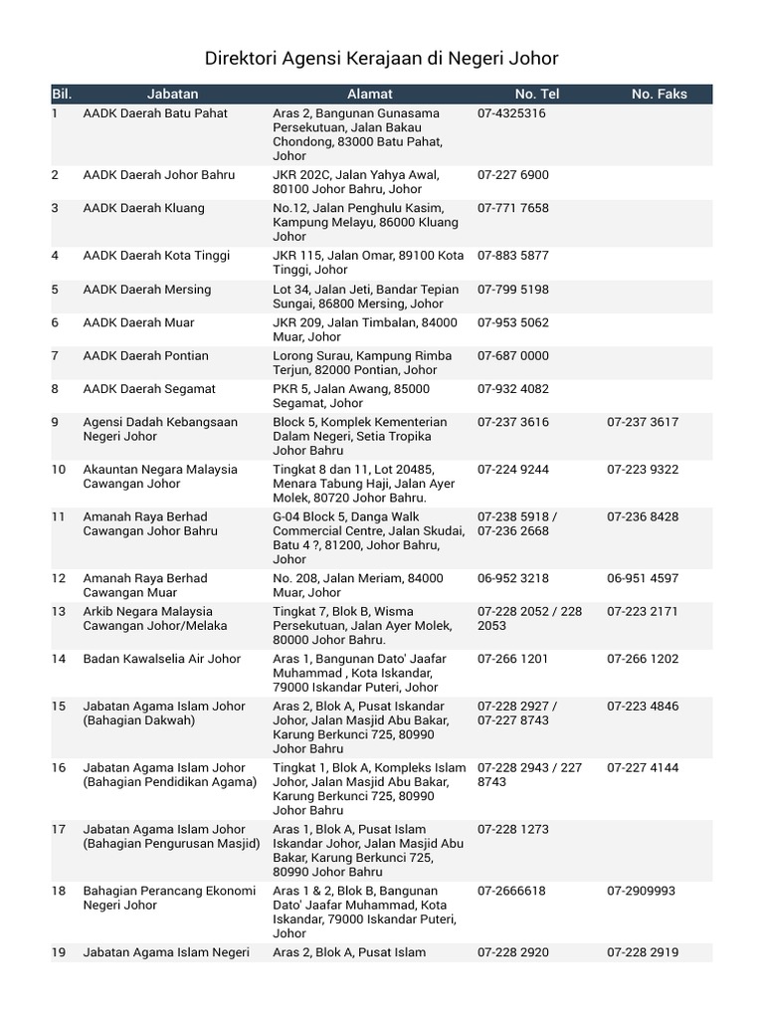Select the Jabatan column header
(172, 94)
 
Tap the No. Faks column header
(659, 94)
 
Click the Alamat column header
(370, 94)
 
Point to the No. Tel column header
(537, 94)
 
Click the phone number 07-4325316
(511, 113)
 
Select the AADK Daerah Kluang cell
(144, 208)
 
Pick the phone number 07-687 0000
(512, 355)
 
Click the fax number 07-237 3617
(643, 422)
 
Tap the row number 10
(59, 470)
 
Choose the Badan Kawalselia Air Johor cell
(162, 659)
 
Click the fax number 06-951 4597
(643, 578)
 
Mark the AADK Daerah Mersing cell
(147, 290)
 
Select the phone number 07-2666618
(511, 891)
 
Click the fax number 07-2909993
(641, 891)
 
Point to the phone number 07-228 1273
(512, 829)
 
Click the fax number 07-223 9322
(643, 470)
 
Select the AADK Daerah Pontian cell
(146, 355)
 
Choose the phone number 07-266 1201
(512, 659)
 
